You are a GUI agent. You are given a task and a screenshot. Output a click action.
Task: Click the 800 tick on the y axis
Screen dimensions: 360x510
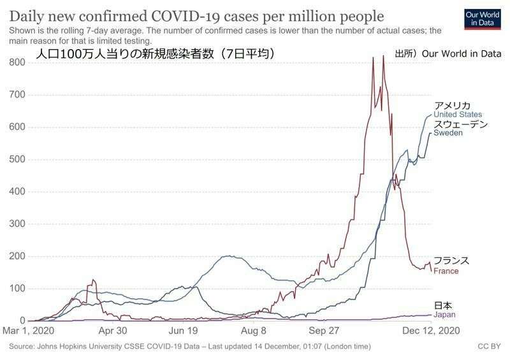(x=17, y=62)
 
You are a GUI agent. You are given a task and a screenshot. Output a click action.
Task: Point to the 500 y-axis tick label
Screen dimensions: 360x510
(x=17, y=159)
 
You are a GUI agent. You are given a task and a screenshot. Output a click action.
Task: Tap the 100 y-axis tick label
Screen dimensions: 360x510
(x=17, y=289)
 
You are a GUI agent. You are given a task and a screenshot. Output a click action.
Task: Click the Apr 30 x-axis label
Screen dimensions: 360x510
(x=113, y=331)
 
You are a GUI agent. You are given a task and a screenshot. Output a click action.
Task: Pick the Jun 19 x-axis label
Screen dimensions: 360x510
(x=183, y=331)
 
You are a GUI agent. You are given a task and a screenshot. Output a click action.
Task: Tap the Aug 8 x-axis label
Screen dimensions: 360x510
(x=253, y=331)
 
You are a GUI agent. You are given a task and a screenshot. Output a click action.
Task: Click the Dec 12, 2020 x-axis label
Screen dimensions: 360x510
(x=430, y=331)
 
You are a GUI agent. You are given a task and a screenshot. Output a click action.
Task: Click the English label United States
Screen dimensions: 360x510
(x=458, y=115)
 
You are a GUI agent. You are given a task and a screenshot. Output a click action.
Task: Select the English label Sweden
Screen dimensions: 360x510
(x=448, y=134)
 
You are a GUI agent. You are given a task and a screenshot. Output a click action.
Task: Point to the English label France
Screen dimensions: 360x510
(x=446, y=271)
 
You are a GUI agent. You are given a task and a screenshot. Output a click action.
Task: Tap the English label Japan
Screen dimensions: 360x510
(x=444, y=315)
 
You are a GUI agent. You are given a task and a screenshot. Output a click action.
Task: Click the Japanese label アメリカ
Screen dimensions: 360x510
(x=452, y=105)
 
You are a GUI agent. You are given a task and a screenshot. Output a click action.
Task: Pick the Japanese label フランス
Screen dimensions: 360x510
(x=451, y=261)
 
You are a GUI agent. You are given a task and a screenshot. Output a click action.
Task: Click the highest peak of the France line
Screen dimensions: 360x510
(x=382, y=56)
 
